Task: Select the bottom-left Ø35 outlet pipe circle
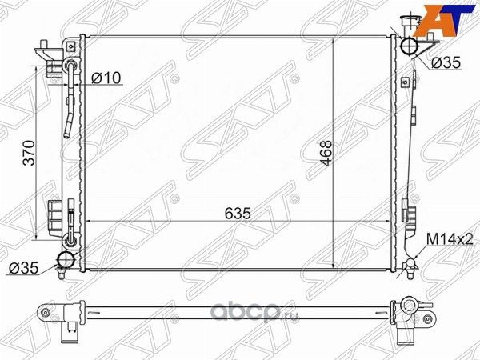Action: coord(66,259)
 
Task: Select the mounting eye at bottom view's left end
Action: coord(46,311)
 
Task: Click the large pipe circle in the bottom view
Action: coord(410,306)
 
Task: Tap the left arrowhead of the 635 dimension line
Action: coord(88,219)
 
